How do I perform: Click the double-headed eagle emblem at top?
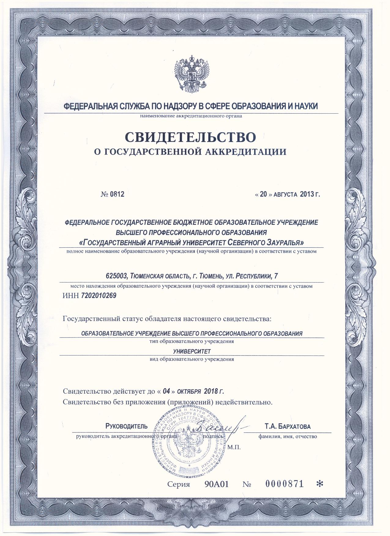click(x=191, y=72)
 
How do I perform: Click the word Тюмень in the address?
click(x=209, y=276)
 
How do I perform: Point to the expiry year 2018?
click(x=210, y=391)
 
